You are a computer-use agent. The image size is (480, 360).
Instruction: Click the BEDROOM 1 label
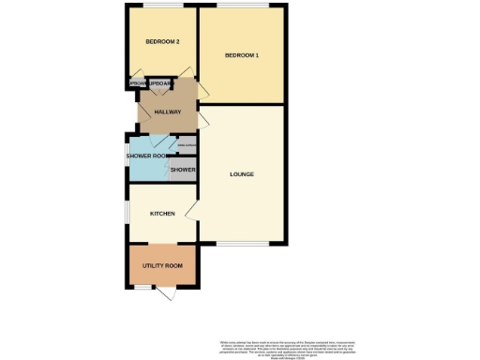click(x=242, y=56)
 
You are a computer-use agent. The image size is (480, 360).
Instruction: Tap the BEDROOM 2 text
click(x=162, y=42)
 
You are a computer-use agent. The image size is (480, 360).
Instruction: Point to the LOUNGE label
click(x=243, y=174)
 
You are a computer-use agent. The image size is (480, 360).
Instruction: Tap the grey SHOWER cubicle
click(x=183, y=170)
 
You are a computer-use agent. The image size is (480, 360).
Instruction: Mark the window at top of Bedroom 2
click(x=162, y=8)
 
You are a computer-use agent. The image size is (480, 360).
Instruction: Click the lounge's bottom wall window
click(x=241, y=242)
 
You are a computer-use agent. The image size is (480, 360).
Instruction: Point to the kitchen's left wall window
click(x=128, y=213)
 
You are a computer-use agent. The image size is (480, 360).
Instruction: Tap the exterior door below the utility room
click(x=168, y=294)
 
